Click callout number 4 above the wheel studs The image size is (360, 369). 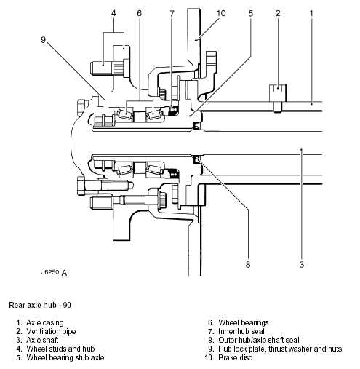click(x=113, y=13)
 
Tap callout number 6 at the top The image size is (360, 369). click(x=139, y=13)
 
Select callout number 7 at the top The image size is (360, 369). click(x=172, y=13)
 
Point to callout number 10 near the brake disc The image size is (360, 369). click(x=221, y=13)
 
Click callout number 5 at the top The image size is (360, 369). click(x=251, y=13)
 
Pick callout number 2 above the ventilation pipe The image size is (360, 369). click(x=278, y=13)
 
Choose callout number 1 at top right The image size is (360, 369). click(x=311, y=13)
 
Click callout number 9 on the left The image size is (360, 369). click(x=43, y=39)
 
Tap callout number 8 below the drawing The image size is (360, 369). click(x=248, y=264)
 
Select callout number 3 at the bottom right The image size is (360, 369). click(x=301, y=264)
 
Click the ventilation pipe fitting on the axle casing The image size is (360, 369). click(x=278, y=98)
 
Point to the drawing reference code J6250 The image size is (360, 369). click(x=50, y=272)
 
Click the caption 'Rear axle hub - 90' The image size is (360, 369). click(x=40, y=305)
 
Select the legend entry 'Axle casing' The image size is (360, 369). click(x=45, y=322)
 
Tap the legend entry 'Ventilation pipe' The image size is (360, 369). click(x=51, y=331)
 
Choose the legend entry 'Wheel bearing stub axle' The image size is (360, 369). click(x=65, y=357)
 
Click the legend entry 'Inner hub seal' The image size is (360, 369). click(x=241, y=331)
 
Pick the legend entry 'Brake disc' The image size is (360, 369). click(x=235, y=357)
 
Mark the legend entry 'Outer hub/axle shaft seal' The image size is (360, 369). click(x=259, y=340)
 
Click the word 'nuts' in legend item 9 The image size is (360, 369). click(x=335, y=349)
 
